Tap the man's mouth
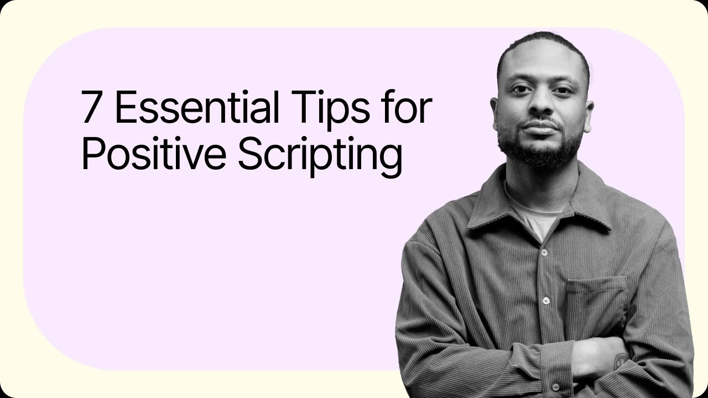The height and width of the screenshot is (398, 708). pos(540,128)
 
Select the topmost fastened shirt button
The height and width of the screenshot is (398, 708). pos(544,252)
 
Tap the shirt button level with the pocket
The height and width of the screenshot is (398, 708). pos(546,301)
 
